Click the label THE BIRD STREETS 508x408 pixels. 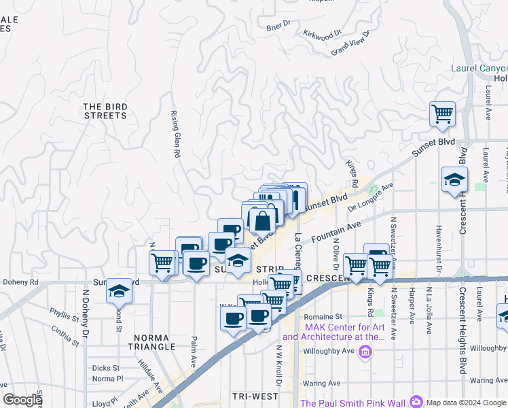(105, 111)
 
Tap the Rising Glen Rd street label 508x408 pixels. (174, 135)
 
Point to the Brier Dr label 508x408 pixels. (278, 25)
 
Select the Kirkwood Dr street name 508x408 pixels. (322, 34)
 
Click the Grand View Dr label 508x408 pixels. (350, 43)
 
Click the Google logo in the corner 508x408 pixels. (23, 400)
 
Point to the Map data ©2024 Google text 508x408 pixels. (465, 403)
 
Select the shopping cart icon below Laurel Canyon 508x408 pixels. (442, 114)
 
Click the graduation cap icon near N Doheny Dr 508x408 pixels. (119, 292)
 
